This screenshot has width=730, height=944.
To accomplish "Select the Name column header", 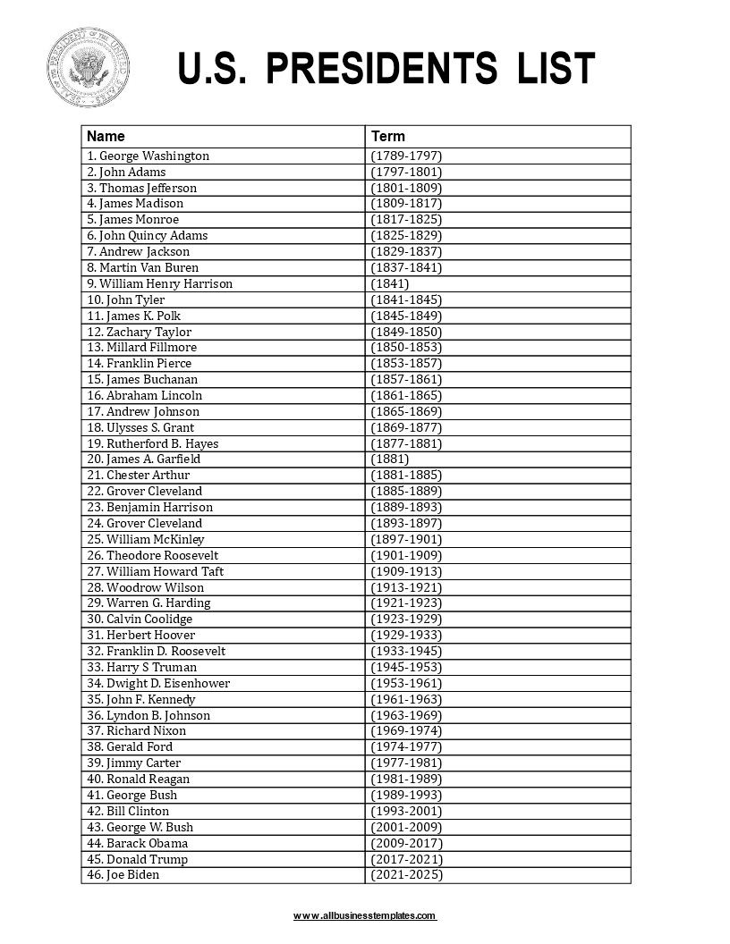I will tap(106, 137).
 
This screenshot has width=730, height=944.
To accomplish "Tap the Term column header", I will tap(388, 137).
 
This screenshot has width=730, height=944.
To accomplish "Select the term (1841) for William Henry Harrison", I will tap(390, 283).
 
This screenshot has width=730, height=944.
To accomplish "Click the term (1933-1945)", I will tap(406, 651).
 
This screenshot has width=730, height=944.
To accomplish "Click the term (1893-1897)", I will tap(406, 523).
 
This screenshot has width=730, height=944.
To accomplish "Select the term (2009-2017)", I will tap(406, 843).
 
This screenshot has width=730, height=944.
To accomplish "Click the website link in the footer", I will tap(365, 916).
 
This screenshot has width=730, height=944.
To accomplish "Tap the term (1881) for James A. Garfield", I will tap(390, 459).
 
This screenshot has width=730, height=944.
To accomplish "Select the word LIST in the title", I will tap(555, 70).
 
